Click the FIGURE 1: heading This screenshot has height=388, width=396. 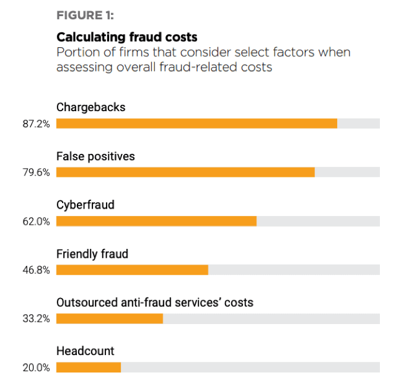[84, 15]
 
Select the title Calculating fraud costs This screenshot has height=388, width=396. [126, 37]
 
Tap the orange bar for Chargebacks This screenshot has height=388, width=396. [196, 123]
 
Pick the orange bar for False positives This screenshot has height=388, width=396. [185, 172]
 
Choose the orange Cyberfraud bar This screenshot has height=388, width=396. [156, 221]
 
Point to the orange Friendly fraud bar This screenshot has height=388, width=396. [132, 269]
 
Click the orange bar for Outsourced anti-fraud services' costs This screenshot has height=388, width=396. [110, 318]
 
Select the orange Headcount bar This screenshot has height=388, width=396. [89, 367]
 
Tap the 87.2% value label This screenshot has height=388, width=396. [36, 124]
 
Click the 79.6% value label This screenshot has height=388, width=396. [36, 173]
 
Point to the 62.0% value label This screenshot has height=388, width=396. [36, 221]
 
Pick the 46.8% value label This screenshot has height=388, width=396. [36, 270]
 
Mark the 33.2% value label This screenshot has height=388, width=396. [36, 318]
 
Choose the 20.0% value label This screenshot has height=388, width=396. [36, 368]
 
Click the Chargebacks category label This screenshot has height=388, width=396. [90, 107]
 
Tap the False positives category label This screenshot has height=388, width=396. [95, 156]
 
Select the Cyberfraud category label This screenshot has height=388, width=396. [86, 205]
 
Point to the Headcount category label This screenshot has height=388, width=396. [86, 351]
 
